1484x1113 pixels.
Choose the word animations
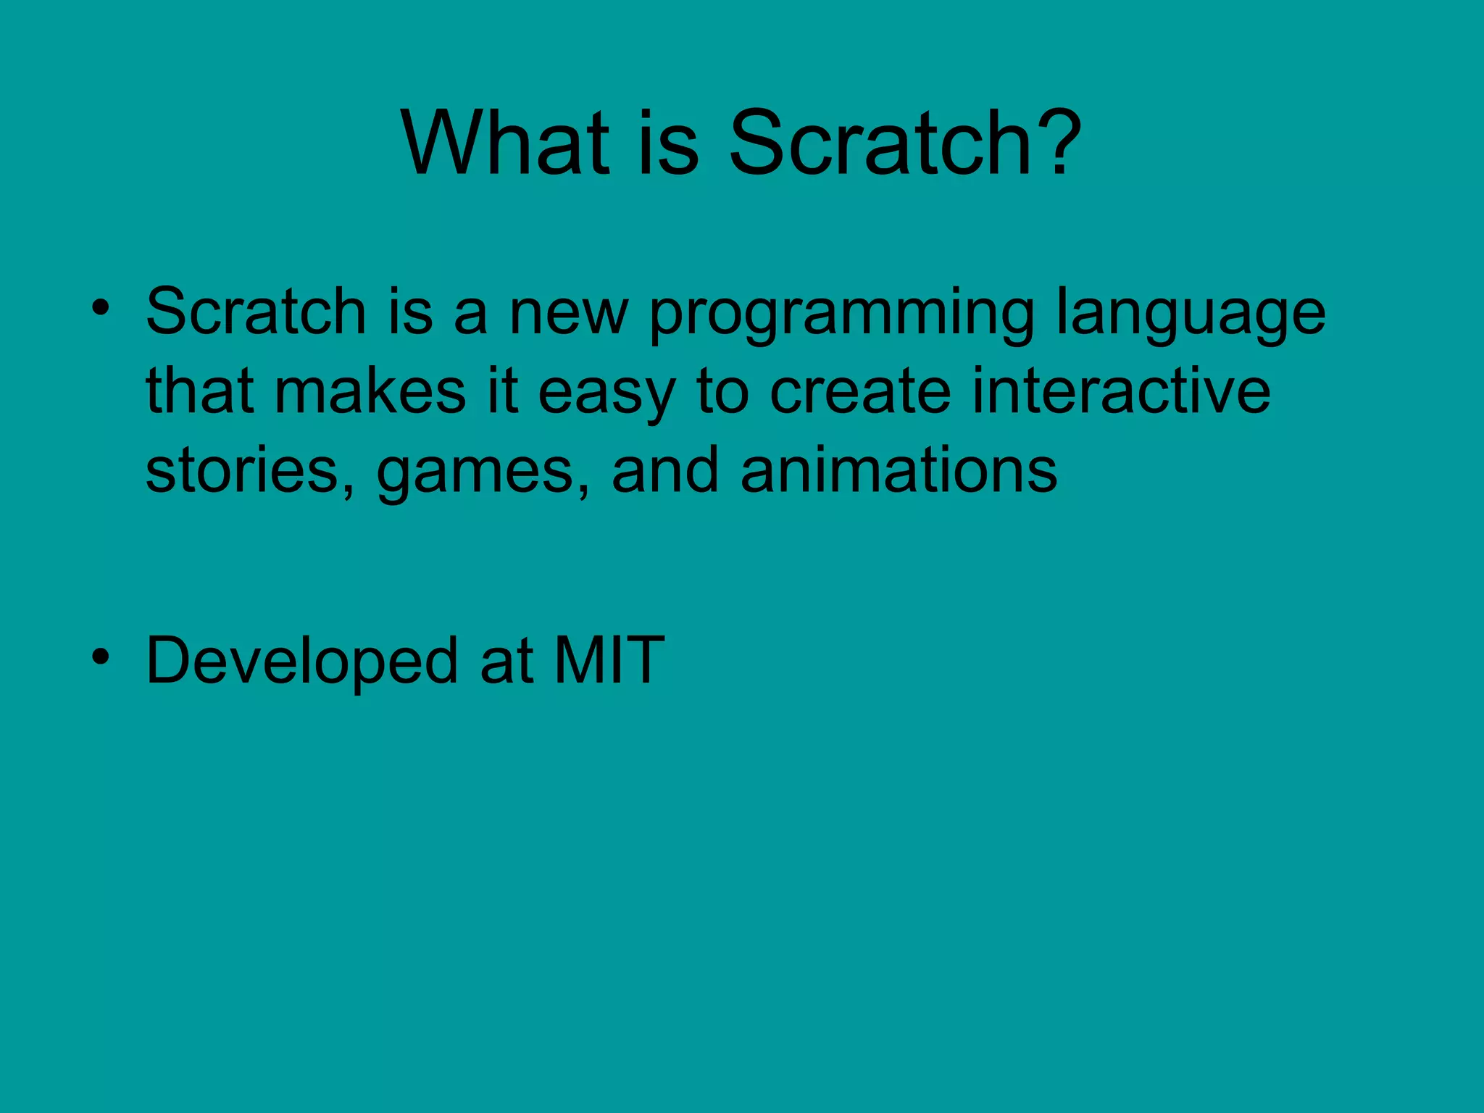click(899, 471)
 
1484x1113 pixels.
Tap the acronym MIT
click(609, 660)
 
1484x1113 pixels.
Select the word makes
click(370, 392)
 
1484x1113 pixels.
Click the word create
click(859, 392)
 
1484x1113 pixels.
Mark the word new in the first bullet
click(569, 314)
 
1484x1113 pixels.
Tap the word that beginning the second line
click(200, 392)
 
